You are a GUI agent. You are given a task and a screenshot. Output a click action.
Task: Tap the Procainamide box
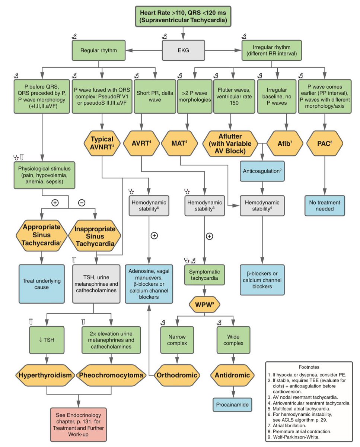tap(233, 404)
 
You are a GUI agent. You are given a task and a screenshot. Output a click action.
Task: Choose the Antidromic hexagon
tap(233, 375)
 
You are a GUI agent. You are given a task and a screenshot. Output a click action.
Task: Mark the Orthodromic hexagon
tap(176, 375)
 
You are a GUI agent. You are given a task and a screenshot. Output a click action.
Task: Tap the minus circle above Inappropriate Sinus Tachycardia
tap(82, 203)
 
